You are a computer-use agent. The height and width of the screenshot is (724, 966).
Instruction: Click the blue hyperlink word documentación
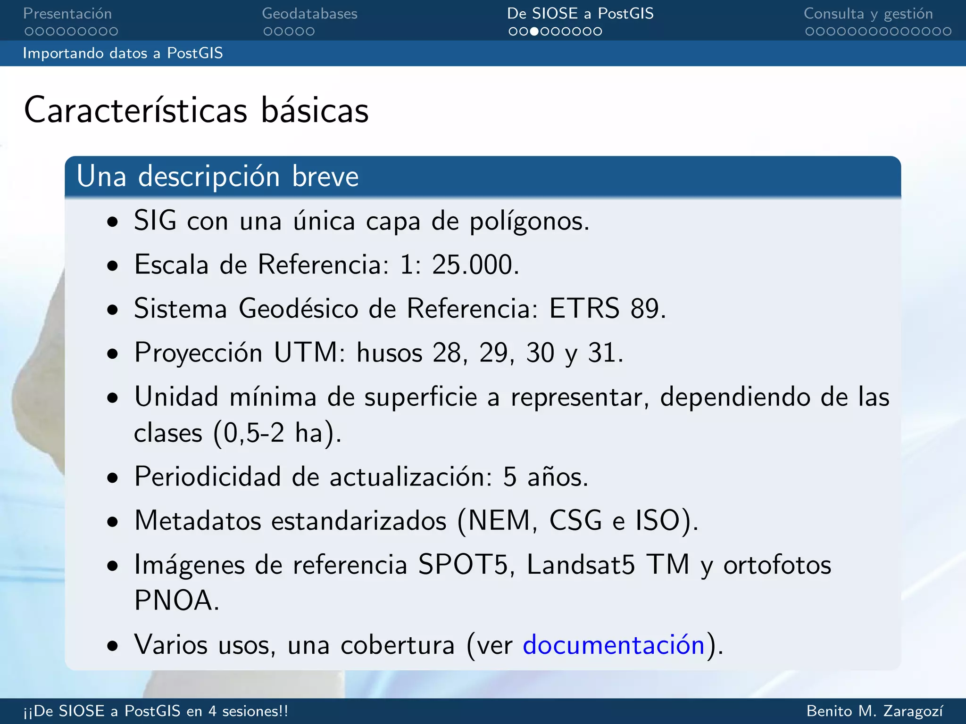(613, 644)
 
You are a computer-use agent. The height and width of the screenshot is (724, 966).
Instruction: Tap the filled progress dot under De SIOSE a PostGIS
(534, 32)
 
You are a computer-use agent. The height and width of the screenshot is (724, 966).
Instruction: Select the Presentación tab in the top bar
(67, 14)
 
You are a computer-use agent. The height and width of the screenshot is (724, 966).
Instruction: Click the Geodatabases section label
(309, 14)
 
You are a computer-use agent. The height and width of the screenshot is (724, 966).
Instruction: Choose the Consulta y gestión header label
(868, 14)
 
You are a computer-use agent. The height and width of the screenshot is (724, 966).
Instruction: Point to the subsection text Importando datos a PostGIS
(123, 53)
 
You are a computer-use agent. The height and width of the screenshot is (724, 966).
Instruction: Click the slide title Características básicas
(196, 110)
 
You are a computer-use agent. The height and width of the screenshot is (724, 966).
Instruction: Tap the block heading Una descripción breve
(217, 177)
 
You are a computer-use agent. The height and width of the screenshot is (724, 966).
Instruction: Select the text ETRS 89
(607, 309)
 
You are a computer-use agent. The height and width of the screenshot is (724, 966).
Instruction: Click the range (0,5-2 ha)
(277, 433)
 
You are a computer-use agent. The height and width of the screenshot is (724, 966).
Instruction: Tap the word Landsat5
(581, 564)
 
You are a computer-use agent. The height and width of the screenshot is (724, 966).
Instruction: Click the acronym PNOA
(176, 601)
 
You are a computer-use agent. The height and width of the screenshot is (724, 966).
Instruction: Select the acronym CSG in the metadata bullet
(575, 521)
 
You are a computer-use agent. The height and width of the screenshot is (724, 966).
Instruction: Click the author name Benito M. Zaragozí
(875, 711)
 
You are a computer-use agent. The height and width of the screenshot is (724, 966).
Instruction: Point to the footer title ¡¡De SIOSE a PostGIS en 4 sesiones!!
(156, 711)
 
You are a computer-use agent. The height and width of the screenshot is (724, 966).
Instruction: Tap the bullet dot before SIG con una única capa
(112, 222)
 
